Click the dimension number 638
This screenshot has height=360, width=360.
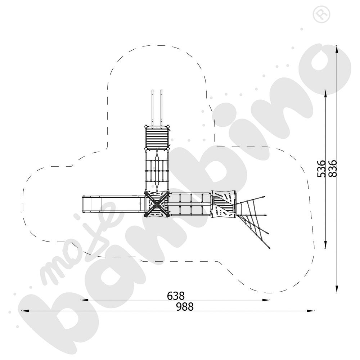tap(176, 296)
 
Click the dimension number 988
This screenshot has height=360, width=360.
tap(185, 306)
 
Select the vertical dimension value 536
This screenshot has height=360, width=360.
tap(321, 169)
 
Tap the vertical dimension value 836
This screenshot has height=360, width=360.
tap(332, 168)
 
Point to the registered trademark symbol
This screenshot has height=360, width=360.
tap(321, 15)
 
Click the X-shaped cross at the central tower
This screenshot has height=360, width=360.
tap(157, 204)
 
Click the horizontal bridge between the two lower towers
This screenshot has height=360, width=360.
tap(190, 204)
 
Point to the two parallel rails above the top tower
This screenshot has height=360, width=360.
tap(157, 108)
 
